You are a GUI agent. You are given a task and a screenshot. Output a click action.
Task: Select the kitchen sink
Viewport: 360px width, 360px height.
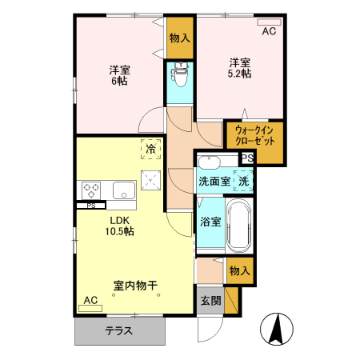click(x=123, y=190)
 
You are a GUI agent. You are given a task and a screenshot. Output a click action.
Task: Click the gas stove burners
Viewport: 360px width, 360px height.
click(x=90, y=190)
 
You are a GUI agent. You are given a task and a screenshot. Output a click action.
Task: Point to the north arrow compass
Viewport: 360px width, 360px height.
click(x=276, y=329)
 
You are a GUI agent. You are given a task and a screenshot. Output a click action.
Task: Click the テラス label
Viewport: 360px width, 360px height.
click(x=118, y=330)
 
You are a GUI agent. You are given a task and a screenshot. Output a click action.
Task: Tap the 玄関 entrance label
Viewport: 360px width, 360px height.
click(x=210, y=301)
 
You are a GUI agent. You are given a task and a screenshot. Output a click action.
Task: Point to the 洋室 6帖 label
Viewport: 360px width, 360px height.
click(x=121, y=75)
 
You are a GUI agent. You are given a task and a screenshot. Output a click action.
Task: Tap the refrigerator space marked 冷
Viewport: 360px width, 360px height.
click(x=150, y=148)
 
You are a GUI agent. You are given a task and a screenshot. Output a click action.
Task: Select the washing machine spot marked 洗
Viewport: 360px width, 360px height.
click(x=244, y=181)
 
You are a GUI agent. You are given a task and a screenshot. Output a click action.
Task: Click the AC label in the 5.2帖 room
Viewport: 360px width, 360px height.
click(x=269, y=31)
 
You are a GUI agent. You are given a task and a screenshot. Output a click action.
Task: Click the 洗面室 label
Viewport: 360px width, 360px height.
click(x=214, y=182)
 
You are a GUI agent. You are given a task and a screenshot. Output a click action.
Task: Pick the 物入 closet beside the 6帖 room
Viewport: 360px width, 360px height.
click(x=180, y=38)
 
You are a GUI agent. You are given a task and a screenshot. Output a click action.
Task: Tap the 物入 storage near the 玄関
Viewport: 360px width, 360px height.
click(x=240, y=271)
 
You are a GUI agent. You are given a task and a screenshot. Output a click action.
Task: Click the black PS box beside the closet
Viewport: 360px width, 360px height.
click(x=246, y=158)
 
